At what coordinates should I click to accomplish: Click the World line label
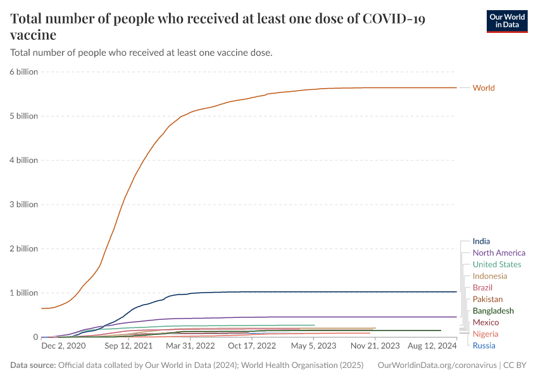coord(484,88)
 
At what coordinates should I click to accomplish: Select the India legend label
coord(481,241)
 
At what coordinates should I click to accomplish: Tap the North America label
coord(499,253)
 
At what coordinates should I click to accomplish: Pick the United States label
coord(497,264)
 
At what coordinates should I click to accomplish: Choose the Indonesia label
coord(490,276)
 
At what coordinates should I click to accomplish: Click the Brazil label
coord(482,288)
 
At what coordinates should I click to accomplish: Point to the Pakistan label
coord(488,299)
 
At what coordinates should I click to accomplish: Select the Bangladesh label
coord(493,311)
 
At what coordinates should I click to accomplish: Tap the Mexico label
coord(485,322)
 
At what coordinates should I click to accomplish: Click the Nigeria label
coord(485,334)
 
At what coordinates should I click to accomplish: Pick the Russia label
coord(484,345)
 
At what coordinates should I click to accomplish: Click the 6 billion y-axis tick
coord(24,72)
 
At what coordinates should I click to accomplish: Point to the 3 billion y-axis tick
coord(24,205)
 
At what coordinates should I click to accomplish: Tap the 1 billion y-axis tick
coord(24,293)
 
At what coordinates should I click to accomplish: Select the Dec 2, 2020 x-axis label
coord(63,346)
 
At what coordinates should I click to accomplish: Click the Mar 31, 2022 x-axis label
coord(187,346)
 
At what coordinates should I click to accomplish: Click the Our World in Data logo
coord(506,21)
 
